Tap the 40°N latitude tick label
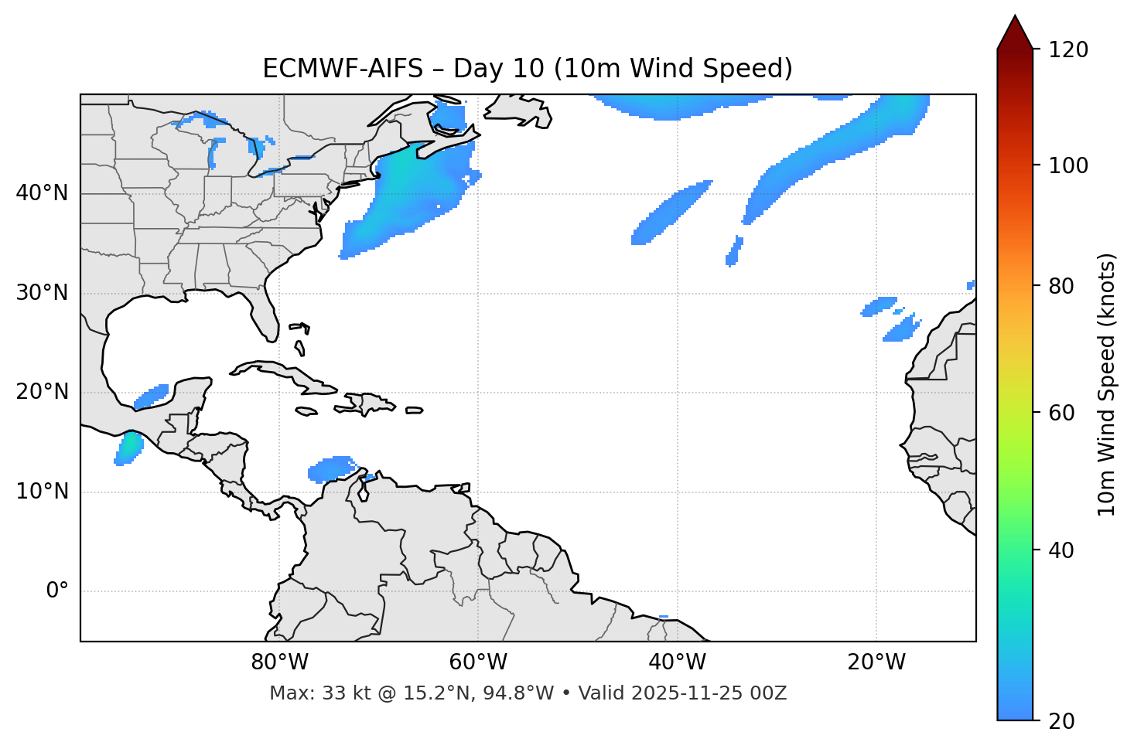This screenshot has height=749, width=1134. click(42, 193)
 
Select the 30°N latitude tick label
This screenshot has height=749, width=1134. click(42, 293)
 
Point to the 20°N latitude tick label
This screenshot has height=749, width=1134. click(42, 392)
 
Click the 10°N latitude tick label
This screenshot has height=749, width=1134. click(42, 492)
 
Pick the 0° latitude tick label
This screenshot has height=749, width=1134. click(57, 591)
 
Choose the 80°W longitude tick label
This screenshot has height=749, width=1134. click(279, 662)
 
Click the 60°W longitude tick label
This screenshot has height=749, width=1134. click(478, 662)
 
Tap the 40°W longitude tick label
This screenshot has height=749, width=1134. click(677, 662)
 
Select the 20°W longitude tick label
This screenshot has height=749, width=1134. click(876, 662)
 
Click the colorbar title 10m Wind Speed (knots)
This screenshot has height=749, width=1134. click(1107, 384)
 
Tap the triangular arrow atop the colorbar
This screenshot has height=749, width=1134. click(1015, 32)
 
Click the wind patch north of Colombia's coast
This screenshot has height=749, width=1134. click(331, 468)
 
